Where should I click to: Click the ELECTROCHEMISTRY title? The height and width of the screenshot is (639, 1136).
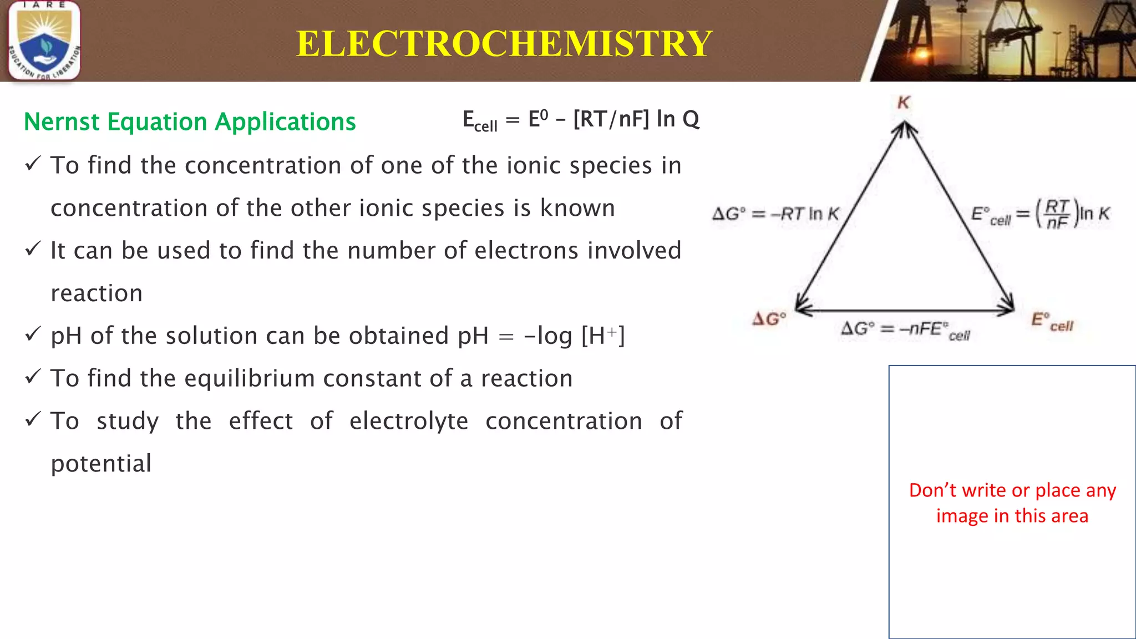[x=504, y=43]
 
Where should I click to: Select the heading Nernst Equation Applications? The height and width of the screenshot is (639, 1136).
[x=190, y=121]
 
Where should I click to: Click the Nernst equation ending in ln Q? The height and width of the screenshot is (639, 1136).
[x=581, y=120]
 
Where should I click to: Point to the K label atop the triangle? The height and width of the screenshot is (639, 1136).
[x=904, y=103]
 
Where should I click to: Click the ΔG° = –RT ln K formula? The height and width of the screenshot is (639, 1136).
[x=775, y=214]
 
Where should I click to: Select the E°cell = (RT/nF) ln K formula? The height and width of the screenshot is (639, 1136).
[x=1040, y=214]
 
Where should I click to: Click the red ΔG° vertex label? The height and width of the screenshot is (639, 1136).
[x=769, y=319]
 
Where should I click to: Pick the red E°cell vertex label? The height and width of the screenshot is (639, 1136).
[x=1052, y=322]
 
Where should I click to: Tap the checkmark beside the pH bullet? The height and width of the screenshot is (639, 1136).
[x=33, y=334]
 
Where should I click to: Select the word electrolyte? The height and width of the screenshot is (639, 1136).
[x=409, y=421]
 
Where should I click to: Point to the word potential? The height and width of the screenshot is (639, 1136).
[x=101, y=464]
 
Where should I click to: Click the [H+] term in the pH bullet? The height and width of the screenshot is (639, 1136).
[x=603, y=336]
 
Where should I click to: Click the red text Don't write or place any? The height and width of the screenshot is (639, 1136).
[x=1012, y=490]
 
